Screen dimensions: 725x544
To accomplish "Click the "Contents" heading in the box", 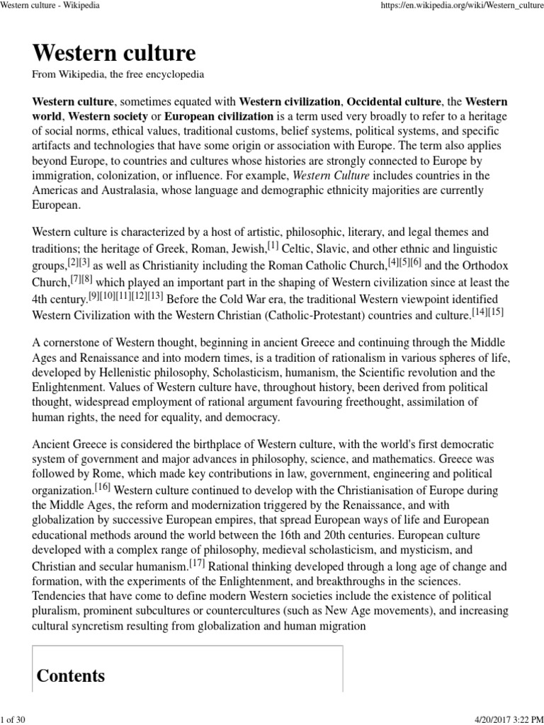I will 71,675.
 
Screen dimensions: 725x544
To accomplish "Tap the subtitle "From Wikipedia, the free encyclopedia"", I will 118,74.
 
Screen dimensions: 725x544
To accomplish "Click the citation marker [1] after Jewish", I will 273,244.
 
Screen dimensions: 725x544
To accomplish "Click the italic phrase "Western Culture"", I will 329,176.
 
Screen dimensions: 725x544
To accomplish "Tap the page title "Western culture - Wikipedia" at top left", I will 50,6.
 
